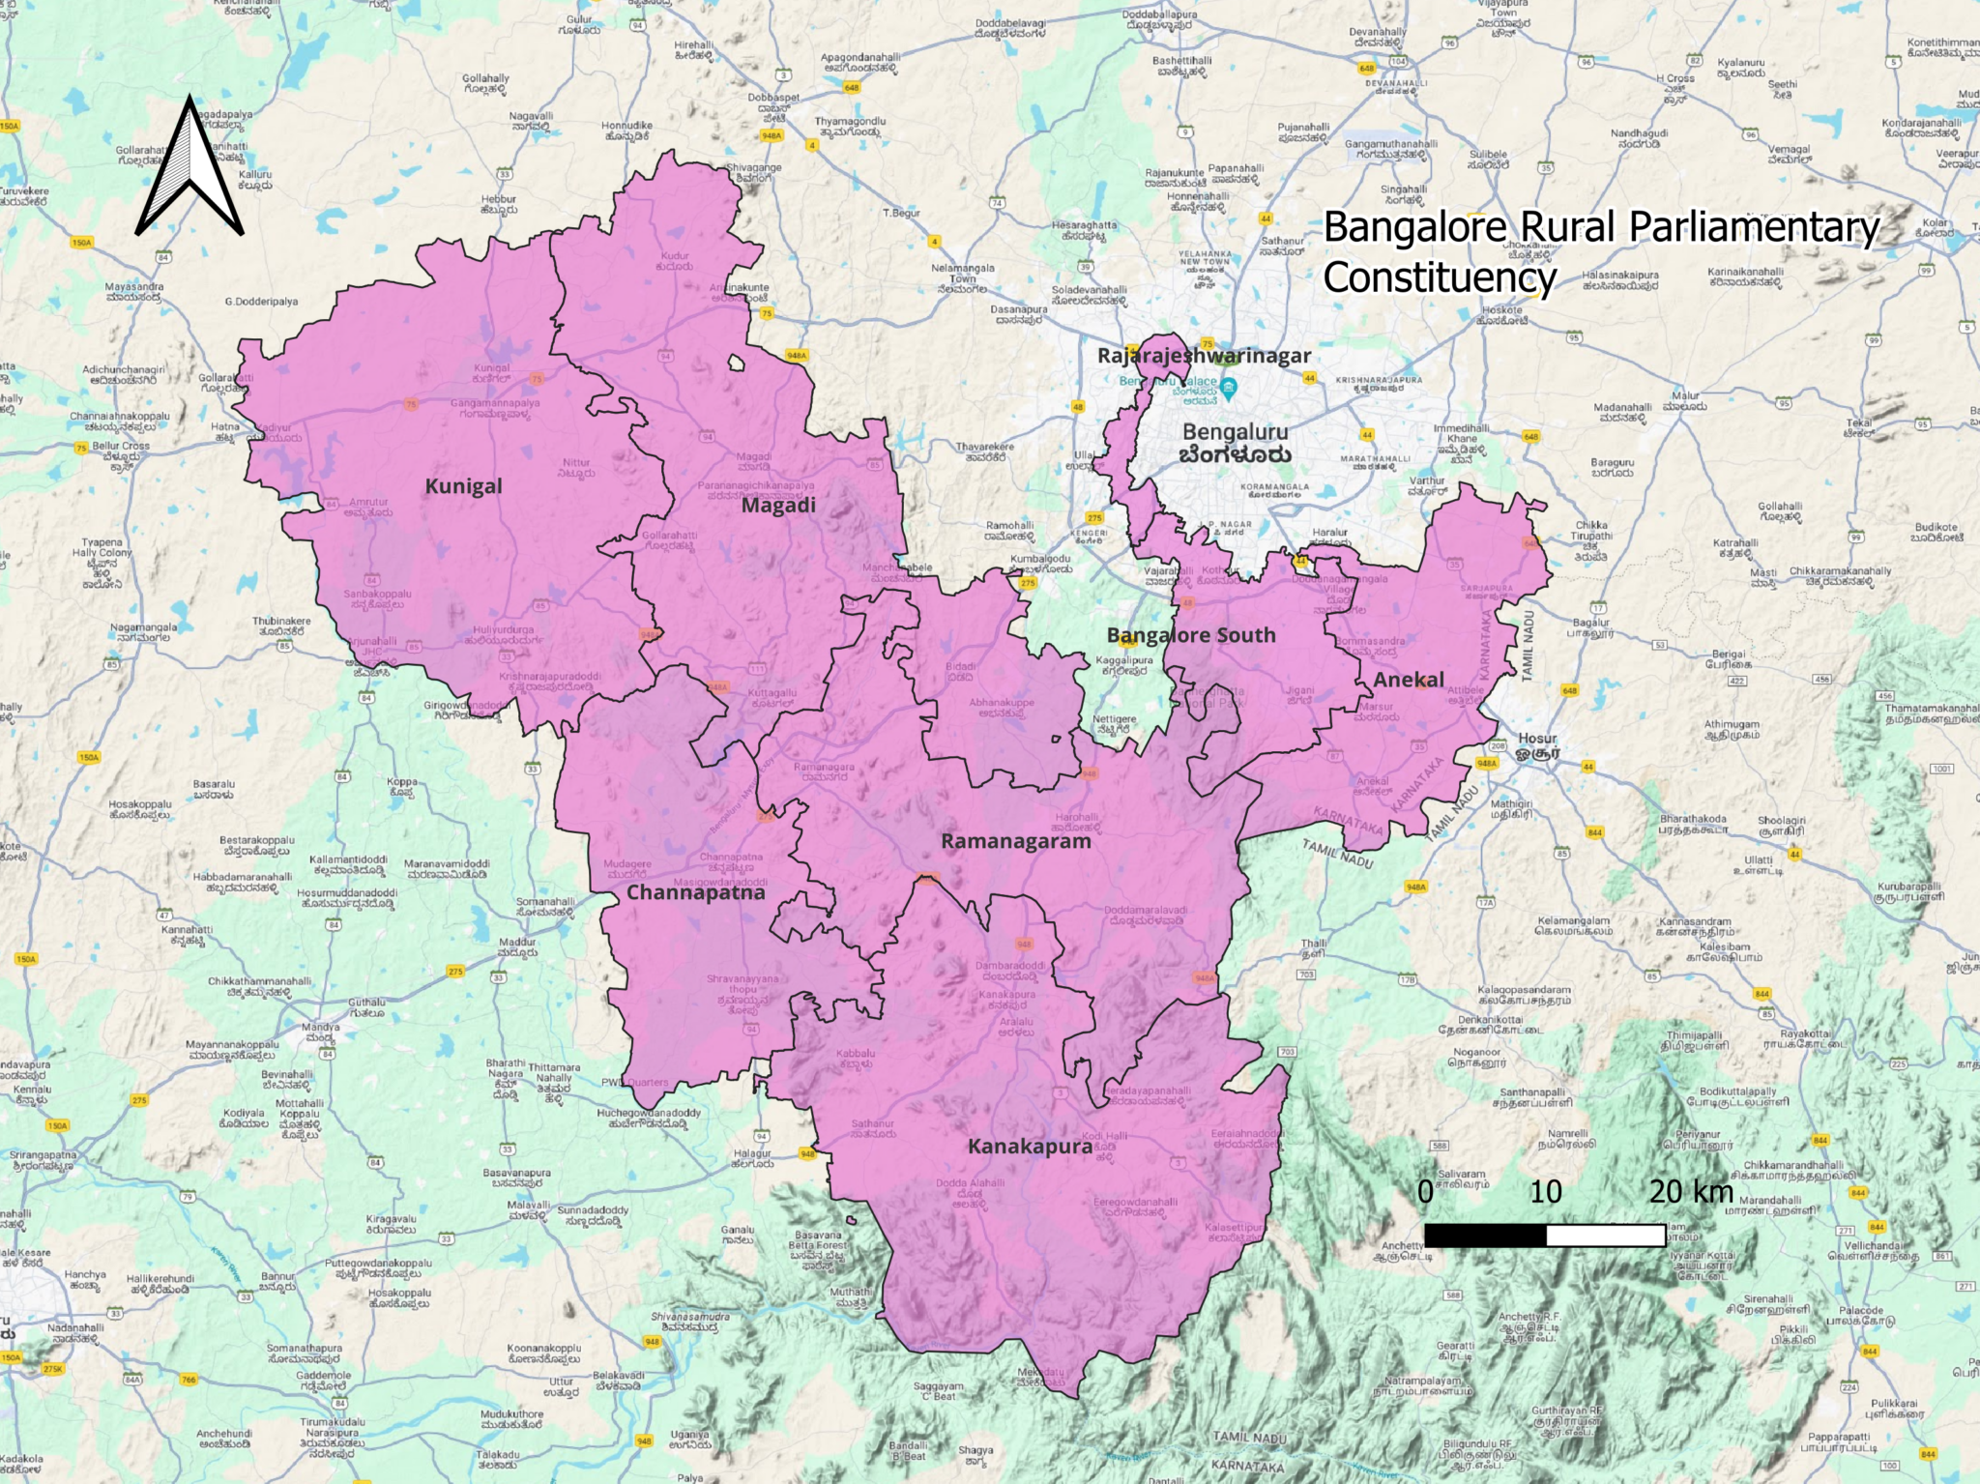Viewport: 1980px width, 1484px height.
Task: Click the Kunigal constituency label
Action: click(x=463, y=486)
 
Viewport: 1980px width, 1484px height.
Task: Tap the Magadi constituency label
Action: click(x=778, y=506)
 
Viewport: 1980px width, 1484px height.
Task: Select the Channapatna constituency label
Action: click(x=695, y=892)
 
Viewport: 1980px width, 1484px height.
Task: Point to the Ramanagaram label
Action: click(x=1015, y=841)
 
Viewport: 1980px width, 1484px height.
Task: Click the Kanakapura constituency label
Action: click(x=1030, y=1147)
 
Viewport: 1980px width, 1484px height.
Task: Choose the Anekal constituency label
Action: click(x=1409, y=680)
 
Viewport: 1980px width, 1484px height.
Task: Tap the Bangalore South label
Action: click(x=1190, y=635)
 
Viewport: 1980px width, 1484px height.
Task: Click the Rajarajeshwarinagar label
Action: click(x=1204, y=356)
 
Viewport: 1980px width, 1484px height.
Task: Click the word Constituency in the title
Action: click(x=1440, y=278)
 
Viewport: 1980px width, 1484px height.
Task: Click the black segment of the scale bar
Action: click(x=1485, y=1235)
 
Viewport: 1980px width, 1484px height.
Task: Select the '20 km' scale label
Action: click(x=1691, y=1191)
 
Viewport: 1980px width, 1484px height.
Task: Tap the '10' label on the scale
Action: click(x=1545, y=1191)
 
